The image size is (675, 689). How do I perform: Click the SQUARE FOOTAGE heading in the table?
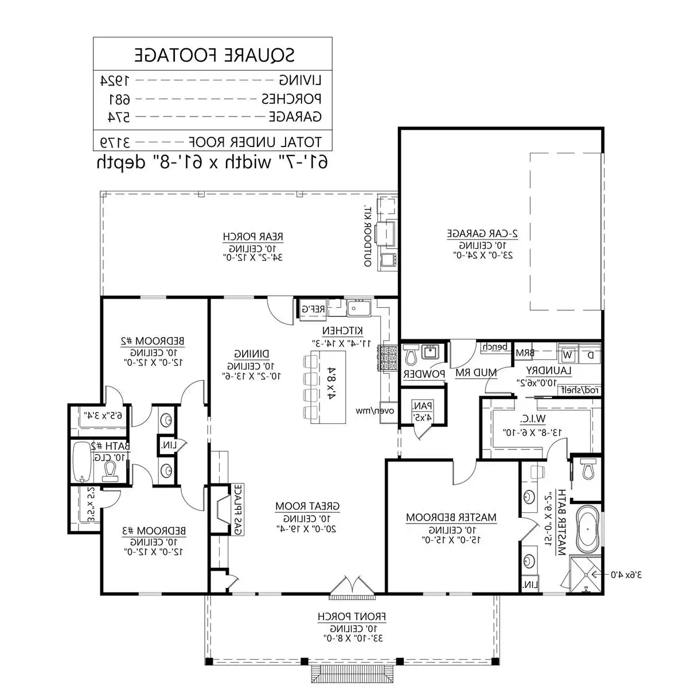(x=214, y=55)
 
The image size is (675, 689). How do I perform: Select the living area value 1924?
(x=115, y=80)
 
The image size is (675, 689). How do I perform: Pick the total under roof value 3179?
(x=116, y=141)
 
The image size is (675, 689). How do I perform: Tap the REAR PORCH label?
(x=252, y=237)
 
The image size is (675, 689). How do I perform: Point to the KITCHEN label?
(x=342, y=331)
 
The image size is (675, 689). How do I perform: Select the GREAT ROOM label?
(x=307, y=506)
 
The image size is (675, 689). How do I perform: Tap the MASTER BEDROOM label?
(x=451, y=517)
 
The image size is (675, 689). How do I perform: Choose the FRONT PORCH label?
(x=352, y=617)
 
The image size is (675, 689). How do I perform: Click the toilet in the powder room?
(x=411, y=356)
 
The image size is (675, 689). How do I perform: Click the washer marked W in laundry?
(x=568, y=354)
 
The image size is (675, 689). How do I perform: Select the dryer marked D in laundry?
(x=591, y=354)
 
